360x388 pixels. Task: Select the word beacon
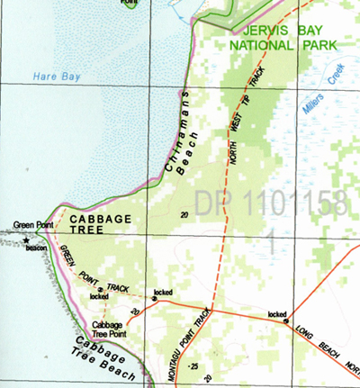tap(37, 248)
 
